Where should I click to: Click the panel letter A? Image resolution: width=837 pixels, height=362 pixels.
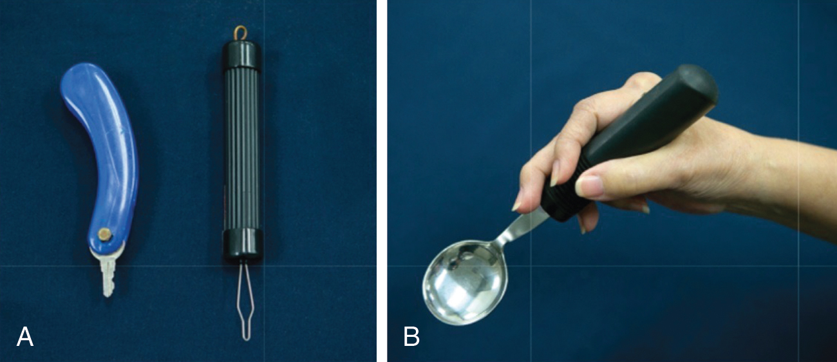pyautogui.click(x=25, y=337)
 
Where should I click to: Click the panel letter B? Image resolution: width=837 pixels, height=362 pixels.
pyautogui.click(x=412, y=337)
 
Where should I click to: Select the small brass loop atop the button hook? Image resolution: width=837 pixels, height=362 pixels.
pyautogui.click(x=241, y=33)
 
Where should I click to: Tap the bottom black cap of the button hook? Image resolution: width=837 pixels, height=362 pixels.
pyautogui.click(x=243, y=245)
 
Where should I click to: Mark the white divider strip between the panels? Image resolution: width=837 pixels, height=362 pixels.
pyautogui.click(x=382, y=181)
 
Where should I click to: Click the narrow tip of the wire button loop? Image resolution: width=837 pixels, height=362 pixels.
pyautogui.click(x=245, y=338)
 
